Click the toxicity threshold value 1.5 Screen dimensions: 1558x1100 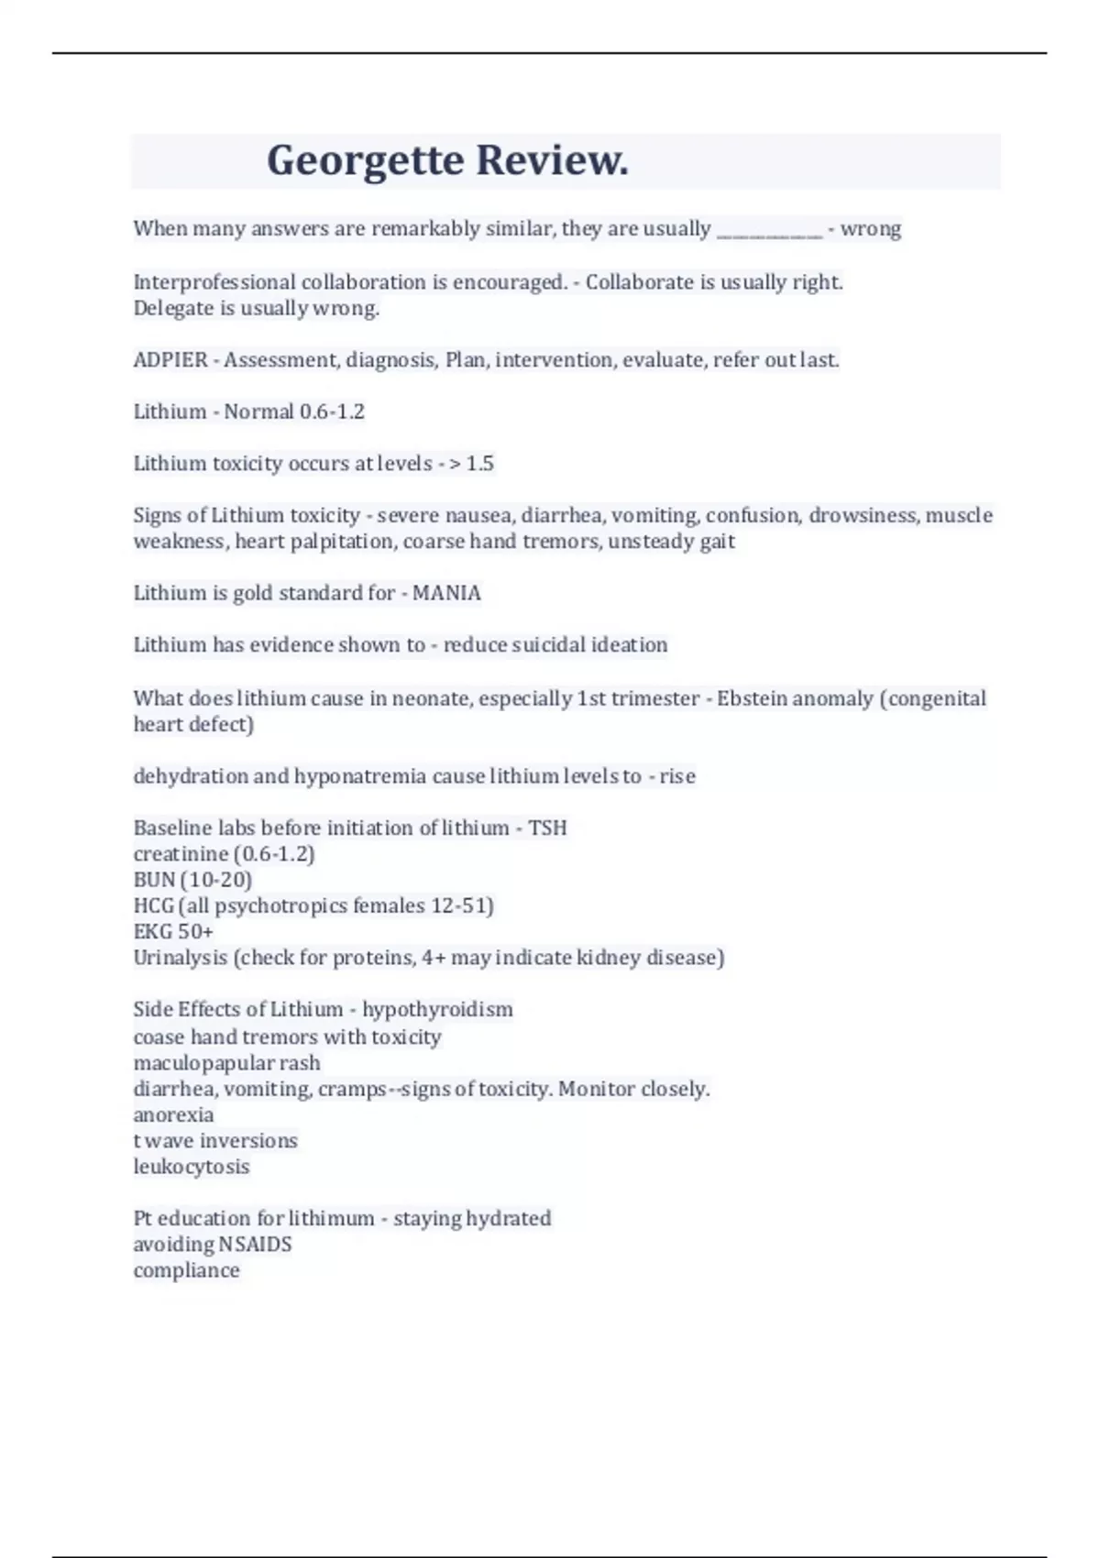[x=479, y=464]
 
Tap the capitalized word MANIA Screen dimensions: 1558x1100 [x=446, y=593]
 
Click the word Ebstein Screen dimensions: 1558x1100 [x=752, y=698]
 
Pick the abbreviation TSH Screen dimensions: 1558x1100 [x=547, y=828]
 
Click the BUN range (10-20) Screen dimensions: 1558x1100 [x=216, y=880]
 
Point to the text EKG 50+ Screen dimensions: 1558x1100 [x=173, y=931]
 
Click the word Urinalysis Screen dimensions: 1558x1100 [x=180, y=958]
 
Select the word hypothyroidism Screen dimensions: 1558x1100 [x=437, y=1009]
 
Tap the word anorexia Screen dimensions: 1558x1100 [x=173, y=1115]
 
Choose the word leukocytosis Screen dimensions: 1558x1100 [x=192, y=1167]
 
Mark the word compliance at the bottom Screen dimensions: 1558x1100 [x=186, y=1270]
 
